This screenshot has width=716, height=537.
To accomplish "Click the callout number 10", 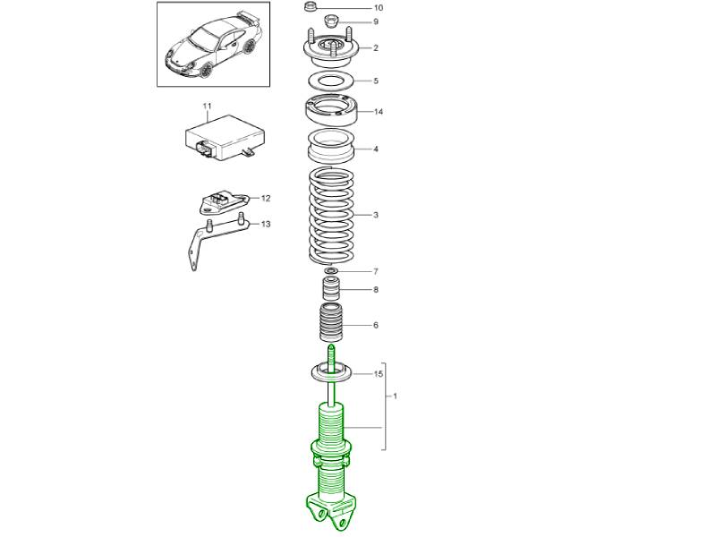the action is [x=378, y=8].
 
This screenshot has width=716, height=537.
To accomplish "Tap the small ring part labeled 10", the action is [x=310, y=7].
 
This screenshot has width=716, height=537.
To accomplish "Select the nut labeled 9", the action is [x=330, y=21].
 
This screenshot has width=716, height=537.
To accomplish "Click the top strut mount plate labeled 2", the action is [x=331, y=47].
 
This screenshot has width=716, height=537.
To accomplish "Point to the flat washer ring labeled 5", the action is [x=332, y=81].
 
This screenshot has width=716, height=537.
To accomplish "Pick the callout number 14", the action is [x=378, y=111].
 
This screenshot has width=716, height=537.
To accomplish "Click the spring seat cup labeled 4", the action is [x=331, y=146].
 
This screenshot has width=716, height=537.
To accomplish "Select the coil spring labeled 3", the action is [x=331, y=216].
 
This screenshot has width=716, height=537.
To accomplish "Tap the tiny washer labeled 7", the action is [x=331, y=271].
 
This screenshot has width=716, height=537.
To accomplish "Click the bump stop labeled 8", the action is [x=331, y=288].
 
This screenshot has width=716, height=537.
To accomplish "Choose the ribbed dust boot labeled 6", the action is [x=331, y=323].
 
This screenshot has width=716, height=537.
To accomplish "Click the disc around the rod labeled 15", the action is [x=332, y=371].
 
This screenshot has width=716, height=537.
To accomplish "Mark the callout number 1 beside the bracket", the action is [x=395, y=396].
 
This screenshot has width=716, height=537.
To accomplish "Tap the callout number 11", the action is [x=208, y=106].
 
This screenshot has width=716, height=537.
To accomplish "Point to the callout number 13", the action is [x=266, y=224].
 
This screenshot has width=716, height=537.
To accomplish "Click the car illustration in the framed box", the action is [x=214, y=46].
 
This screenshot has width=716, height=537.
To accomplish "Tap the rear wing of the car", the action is [x=247, y=19].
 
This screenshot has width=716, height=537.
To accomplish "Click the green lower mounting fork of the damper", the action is [x=331, y=510].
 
